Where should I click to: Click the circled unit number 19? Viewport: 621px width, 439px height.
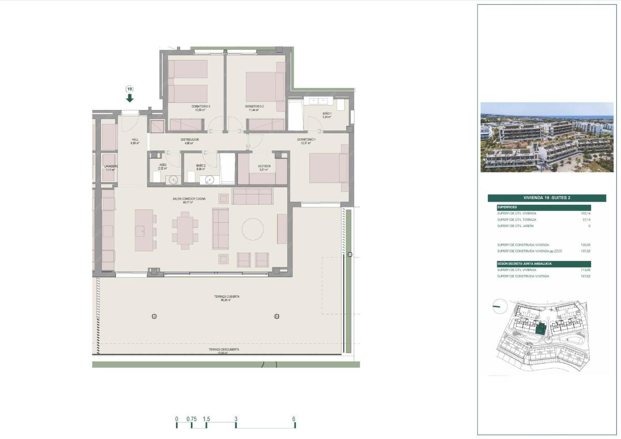coord(129,88)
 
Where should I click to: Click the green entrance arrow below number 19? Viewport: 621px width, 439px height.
coord(129,97)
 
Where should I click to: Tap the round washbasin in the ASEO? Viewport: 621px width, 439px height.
coord(173,179)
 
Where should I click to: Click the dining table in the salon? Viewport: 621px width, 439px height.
coord(185,230)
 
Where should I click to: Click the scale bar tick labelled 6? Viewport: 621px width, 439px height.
coord(294,419)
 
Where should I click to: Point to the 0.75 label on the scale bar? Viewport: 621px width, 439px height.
coord(191,419)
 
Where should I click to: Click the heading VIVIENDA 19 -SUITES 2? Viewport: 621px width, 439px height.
coord(546,198)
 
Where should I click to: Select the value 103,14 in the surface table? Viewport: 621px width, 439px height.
coord(585,213)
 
